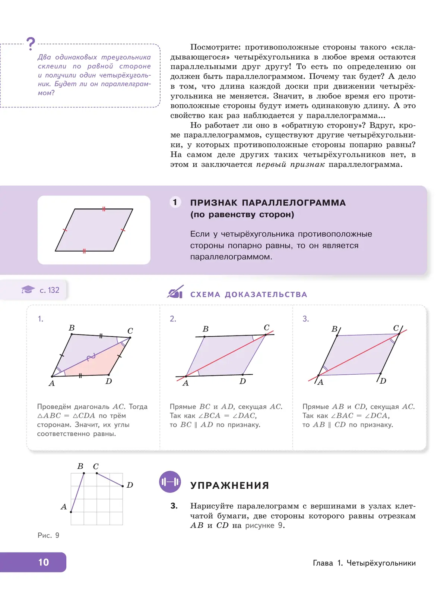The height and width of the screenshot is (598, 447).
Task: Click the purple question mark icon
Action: [31, 44]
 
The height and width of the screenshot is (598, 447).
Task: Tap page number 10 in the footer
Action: [44, 562]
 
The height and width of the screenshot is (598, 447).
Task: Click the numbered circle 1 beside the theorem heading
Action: [175, 202]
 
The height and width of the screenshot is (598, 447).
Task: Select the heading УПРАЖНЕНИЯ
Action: [229, 485]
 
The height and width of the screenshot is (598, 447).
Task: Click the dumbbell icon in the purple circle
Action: [170, 482]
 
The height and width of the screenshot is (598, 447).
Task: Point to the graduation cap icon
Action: [28, 290]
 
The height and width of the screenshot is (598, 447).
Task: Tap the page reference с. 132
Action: [50, 290]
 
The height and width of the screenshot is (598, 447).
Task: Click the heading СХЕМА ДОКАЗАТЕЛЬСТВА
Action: [248, 295]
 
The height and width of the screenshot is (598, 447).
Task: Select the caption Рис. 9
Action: [48, 535]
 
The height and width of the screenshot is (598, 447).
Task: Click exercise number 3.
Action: [174, 506]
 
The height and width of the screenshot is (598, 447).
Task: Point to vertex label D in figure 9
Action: [130, 485]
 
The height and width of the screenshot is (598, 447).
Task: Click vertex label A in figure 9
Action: [64, 507]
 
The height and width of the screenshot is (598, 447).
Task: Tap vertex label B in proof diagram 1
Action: [72, 328]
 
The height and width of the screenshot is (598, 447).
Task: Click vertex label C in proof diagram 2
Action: [266, 327]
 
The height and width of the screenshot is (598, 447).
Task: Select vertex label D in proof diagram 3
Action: [383, 381]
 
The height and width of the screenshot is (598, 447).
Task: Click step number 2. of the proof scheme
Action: [173, 319]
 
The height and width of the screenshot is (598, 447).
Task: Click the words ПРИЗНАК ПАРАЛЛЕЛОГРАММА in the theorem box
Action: [268, 203]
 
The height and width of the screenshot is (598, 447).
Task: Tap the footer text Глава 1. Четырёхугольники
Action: [364, 563]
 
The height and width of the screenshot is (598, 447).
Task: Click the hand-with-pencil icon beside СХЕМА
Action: [175, 292]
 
